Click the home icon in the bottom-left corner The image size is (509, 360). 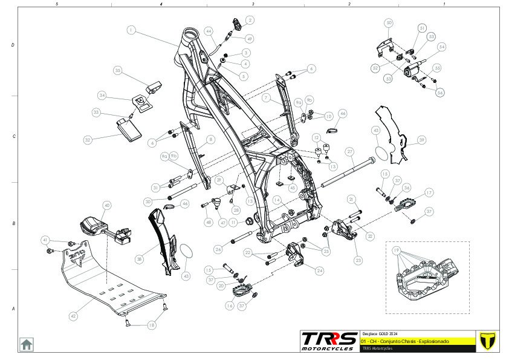click(x=27, y=344)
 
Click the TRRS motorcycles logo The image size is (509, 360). click(x=329, y=341)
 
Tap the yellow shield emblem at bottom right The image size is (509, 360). click(x=484, y=341)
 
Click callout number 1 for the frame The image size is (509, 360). click(x=131, y=29)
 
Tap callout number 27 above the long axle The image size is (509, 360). click(x=349, y=151)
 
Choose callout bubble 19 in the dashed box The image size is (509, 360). click(x=397, y=250)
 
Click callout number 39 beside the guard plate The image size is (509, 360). click(x=421, y=140)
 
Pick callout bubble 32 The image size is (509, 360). click(x=88, y=140)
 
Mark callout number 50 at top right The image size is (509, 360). click(x=389, y=23)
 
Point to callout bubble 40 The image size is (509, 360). click(x=107, y=205)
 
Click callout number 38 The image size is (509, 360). click(x=139, y=258)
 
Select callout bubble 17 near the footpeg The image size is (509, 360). click(x=429, y=192)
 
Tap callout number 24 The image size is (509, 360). click(x=319, y=270)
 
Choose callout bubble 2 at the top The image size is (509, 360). click(x=250, y=20)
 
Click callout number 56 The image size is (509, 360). click(x=440, y=93)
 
